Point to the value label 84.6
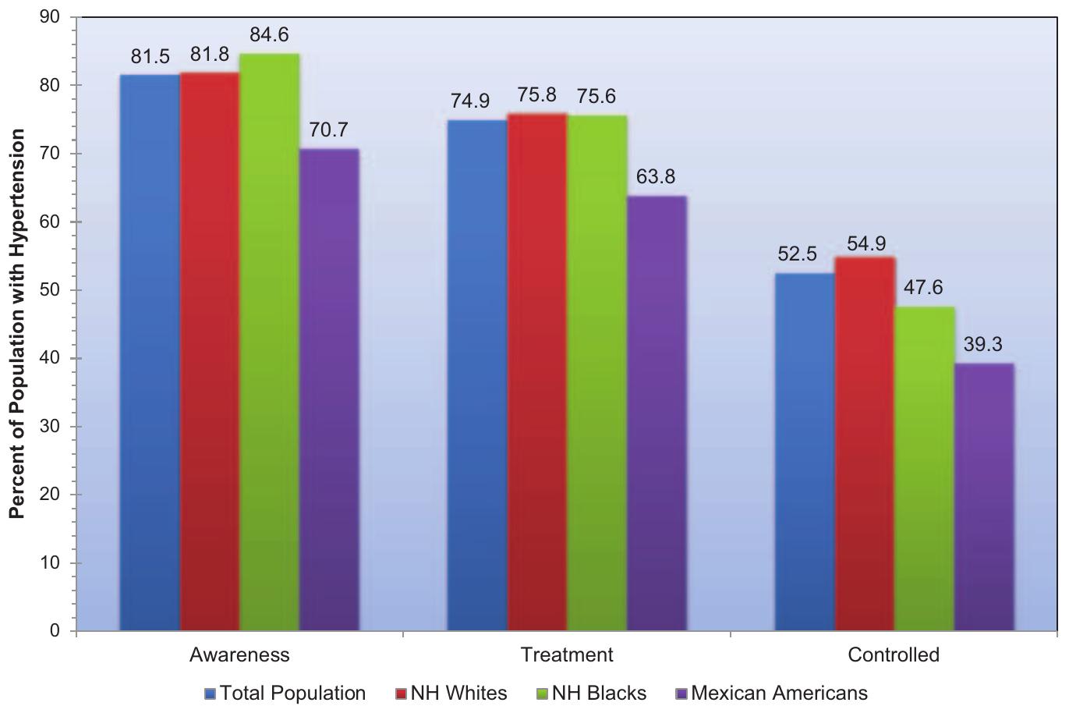269,36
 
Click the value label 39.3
983,345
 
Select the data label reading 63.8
656,177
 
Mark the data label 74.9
470,101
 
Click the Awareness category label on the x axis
239,655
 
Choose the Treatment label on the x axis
567,655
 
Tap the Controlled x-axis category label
894,655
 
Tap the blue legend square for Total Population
210,694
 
